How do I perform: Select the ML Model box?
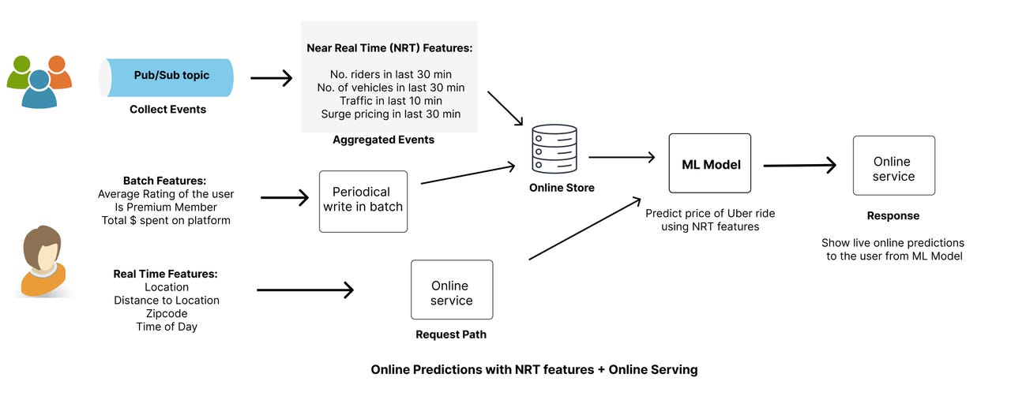click(709, 163)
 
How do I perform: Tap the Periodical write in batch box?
click(363, 200)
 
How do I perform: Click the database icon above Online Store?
click(554, 148)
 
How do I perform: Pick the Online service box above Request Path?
click(451, 290)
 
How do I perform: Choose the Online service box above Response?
click(893, 166)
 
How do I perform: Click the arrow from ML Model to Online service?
click(799, 166)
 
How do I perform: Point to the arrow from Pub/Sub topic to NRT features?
click(271, 77)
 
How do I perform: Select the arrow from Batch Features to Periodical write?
click(284, 197)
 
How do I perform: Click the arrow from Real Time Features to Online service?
click(305, 290)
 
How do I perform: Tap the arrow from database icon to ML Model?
click(622, 157)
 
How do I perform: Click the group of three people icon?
click(39, 80)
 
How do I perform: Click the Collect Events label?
click(167, 110)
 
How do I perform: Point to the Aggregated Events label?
click(383, 140)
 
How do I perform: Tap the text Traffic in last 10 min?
click(390, 100)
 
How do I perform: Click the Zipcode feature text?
click(166, 313)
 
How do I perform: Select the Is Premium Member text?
click(166, 207)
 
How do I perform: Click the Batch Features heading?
click(164, 181)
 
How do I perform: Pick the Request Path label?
click(451, 335)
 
